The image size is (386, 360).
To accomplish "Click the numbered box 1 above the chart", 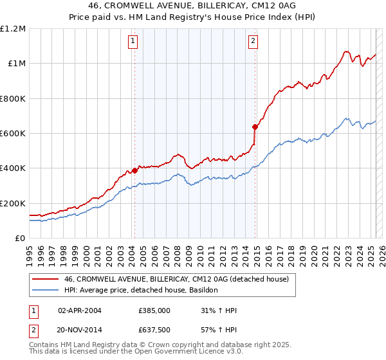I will click(133, 41).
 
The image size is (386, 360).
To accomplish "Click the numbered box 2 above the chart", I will click(253, 41).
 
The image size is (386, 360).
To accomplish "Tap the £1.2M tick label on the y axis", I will click(13, 29).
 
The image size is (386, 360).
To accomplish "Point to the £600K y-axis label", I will click(13, 134).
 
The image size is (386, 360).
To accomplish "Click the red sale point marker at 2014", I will click(255, 127).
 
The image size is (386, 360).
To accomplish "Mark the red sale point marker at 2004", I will click(134, 170).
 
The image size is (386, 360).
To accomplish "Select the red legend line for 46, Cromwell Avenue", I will click(45, 279).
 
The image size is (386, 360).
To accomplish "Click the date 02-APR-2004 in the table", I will click(79, 310).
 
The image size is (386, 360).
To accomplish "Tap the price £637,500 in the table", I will click(154, 330).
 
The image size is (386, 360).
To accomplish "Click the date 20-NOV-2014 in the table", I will click(79, 330).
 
